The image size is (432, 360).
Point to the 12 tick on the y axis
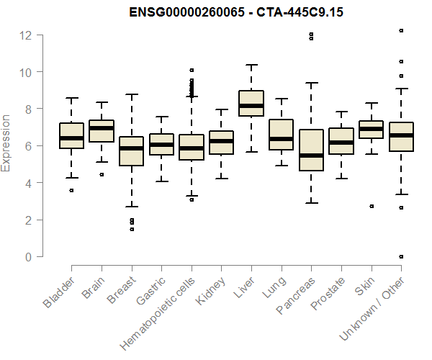27,35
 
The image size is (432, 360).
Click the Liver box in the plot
251,103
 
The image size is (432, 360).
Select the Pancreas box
311,150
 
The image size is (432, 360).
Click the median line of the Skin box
371,129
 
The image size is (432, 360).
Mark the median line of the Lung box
282,138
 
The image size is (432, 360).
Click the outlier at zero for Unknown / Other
401,256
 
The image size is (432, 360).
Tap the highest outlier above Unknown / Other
401,30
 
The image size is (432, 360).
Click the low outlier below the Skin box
371,207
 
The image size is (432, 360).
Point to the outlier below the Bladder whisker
71,190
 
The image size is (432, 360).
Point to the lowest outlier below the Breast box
132,229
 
